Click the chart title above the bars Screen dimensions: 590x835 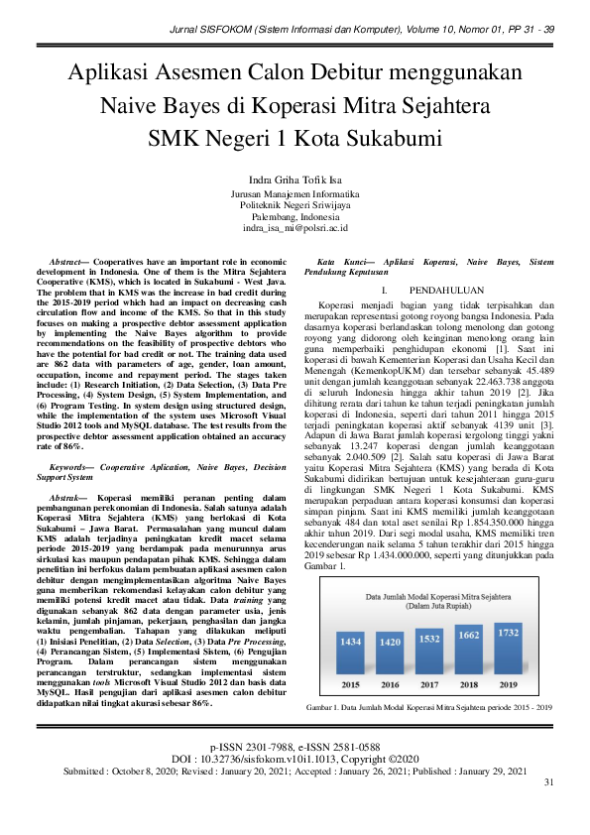431,600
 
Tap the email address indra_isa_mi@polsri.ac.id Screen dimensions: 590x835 295,227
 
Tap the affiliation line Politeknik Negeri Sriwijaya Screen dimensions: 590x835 295,205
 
